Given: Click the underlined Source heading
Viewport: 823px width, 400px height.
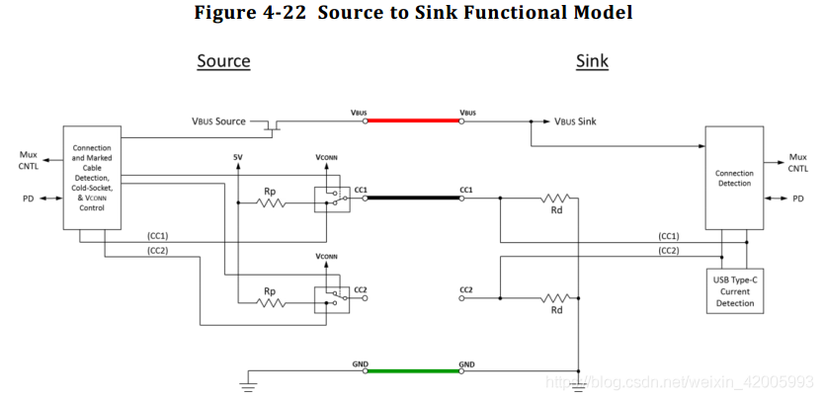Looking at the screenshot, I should (x=223, y=61).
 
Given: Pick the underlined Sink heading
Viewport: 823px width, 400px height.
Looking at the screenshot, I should (x=592, y=61).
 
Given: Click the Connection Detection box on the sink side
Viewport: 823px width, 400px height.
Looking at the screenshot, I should (x=733, y=179).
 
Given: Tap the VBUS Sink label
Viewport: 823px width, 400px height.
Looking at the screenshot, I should (x=573, y=121).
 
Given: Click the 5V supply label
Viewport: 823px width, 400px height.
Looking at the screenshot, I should (x=237, y=158).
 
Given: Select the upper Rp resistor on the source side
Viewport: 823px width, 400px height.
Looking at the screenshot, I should (x=271, y=203).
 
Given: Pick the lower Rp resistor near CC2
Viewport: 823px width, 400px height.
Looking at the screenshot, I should (x=271, y=301).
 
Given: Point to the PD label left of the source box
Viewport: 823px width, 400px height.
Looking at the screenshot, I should (x=28, y=199).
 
